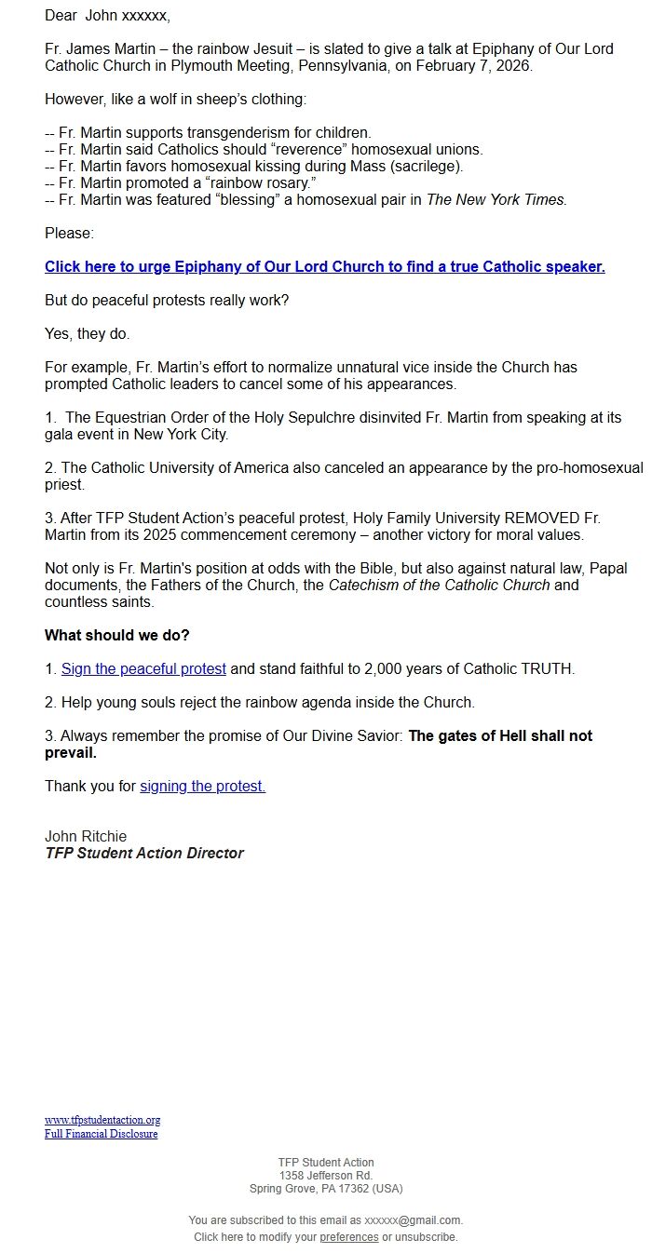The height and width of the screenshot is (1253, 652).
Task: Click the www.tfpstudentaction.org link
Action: (102, 1120)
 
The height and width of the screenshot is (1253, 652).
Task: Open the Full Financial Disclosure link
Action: (101, 1134)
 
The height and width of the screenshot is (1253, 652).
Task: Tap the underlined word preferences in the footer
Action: (348, 1237)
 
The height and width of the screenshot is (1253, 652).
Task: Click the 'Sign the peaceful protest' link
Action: (143, 668)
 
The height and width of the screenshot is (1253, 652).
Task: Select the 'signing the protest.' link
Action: (202, 786)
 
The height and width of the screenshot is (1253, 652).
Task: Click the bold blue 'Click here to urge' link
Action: (324, 266)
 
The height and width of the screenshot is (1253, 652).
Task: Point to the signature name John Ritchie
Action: (86, 836)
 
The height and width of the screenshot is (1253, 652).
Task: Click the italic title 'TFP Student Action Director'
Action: (144, 853)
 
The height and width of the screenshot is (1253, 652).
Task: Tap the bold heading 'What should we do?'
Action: (117, 635)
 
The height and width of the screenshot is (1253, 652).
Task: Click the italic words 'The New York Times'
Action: (496, 199)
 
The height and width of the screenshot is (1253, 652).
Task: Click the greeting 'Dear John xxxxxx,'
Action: (107, 15)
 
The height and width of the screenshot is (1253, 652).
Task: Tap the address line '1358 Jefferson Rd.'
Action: (326, 1176)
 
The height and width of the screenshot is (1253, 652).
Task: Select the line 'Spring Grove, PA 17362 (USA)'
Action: (326, 1189)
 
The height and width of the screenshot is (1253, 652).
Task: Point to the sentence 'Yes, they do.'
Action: (88, 333)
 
